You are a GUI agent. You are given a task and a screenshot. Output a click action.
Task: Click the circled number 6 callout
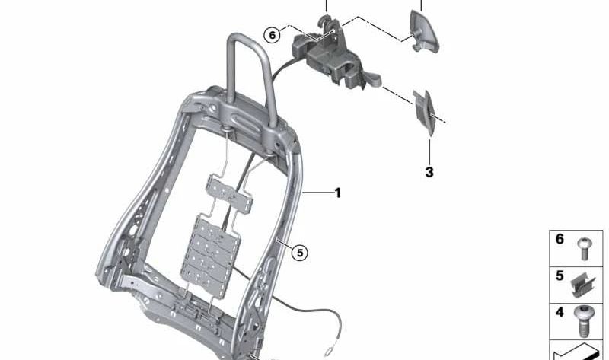(272, 34)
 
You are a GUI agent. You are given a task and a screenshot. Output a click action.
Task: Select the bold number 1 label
(337, 193)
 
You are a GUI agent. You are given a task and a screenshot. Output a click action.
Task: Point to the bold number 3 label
(429, 173)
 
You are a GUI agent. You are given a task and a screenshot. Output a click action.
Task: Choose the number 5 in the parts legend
(560, 276)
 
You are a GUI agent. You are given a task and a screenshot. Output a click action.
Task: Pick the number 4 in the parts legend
(560, 312)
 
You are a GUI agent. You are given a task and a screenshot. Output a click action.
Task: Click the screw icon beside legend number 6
(585, 248)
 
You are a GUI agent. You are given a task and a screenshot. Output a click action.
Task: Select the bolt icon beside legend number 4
(585, 320)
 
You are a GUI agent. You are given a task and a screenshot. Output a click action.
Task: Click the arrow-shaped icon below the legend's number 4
(579, 352)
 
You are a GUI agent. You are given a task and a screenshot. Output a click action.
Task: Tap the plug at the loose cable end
(327, 351)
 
